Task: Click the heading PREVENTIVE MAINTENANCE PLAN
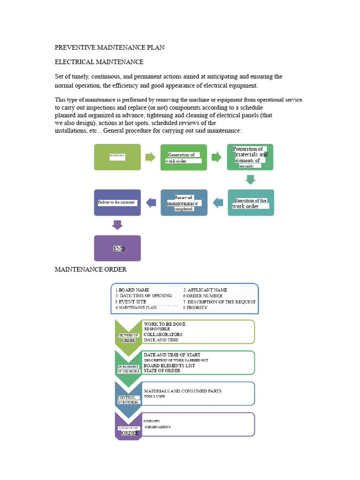pos(110,48)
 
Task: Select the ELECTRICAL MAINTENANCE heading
pos(99,62)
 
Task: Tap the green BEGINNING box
pos(117,157)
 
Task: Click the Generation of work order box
pos(183,157)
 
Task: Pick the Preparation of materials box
pos(250,157)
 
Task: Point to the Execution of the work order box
pos(251,202)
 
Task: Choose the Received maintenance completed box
pos(184,202)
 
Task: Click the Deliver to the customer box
pos(117,202)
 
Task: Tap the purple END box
pos(117,248)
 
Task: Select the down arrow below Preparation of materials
pos(251,180)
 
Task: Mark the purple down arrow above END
pos(117,225)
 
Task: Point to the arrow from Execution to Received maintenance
pos(218,202)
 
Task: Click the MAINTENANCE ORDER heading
pos(91,270)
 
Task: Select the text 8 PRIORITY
pos(197,307)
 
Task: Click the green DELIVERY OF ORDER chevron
pos(128,334)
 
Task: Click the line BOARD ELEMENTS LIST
pos(169,366)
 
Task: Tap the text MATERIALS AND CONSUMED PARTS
pos(182,390)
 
